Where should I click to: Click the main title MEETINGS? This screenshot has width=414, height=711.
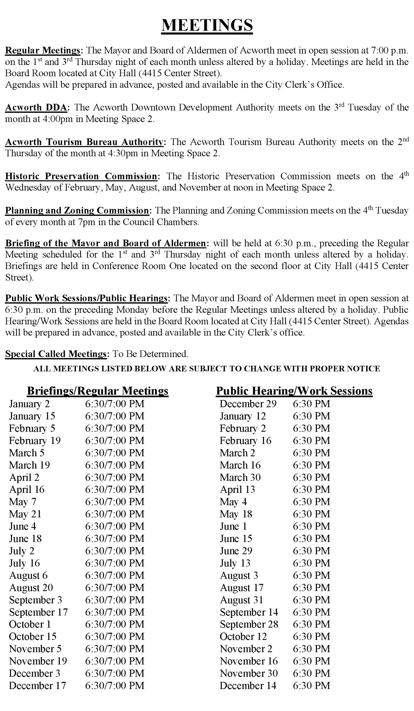click(207, 25)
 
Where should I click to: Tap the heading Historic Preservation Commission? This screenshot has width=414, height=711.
click(81, 176)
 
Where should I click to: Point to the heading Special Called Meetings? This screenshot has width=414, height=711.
click(57, 354)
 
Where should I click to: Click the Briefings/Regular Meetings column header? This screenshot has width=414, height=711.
click(98, 391)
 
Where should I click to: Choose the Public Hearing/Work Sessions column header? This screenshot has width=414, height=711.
click(294, 391)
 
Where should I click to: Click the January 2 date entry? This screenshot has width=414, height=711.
click(29, 404)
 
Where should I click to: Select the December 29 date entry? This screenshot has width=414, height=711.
click(248, 404)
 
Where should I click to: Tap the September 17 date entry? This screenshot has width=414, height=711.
click(38, 612)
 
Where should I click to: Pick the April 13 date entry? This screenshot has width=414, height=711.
click(237, 489)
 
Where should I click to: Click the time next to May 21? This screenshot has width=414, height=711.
click(115, 514)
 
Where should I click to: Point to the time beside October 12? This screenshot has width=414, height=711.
click(311, 637)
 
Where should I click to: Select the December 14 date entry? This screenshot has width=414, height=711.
click(248, 685)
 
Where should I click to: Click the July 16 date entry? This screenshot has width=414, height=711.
click(24, 563)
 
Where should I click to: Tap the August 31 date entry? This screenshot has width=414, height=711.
click(241, 600)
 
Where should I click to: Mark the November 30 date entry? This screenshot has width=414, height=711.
click(249, 673)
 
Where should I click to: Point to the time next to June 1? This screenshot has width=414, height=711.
click(311, 526)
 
